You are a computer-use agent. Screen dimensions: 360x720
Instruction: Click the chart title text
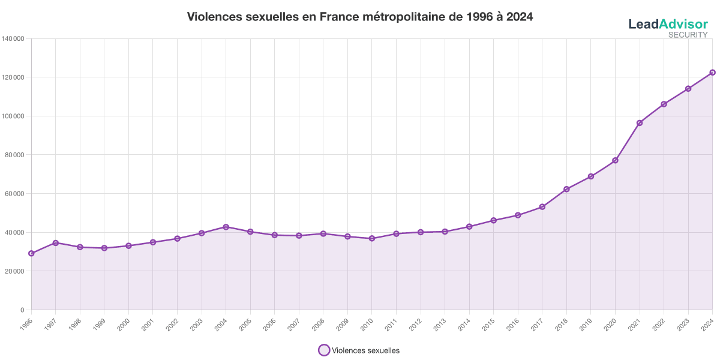(x=360, y=17)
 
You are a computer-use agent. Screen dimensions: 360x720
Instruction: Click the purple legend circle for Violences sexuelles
(x=324, y=350)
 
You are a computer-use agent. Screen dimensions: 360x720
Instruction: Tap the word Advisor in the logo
(x=683, y=25)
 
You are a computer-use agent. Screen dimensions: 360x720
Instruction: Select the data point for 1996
(x=31, y=254)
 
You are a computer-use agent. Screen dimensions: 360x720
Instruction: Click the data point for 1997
(x=56, y=242)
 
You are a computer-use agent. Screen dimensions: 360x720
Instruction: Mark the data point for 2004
(x=226, y=226)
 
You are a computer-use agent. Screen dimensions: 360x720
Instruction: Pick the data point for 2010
(x=372, y=238)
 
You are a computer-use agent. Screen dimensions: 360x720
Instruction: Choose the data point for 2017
(x=542, y=207)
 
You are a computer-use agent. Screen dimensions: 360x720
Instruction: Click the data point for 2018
(x=566, y=190)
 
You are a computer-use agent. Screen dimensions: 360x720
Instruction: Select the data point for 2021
(x=640, y=122)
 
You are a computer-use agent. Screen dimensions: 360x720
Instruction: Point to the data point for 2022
(x=664, y=104)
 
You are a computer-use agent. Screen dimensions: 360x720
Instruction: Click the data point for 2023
(x=688, y=89)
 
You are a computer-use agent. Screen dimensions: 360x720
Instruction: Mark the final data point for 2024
(x=712, y=73)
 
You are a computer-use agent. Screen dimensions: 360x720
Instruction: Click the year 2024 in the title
(x=520, y=17)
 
